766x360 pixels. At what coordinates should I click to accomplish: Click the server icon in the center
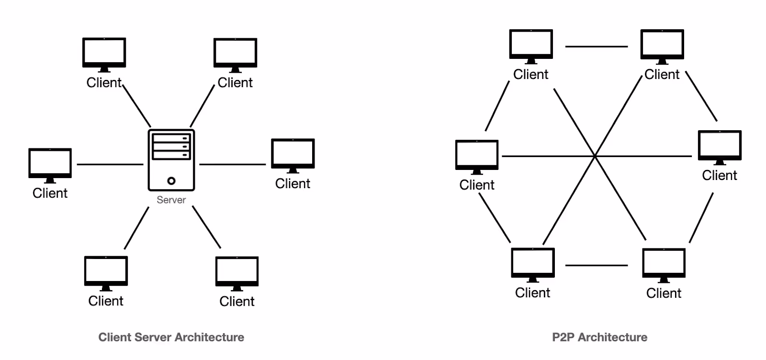click(171, 160)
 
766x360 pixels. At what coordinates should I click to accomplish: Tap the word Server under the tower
click(171, 200)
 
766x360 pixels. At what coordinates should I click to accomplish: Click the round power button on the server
click(171, 180)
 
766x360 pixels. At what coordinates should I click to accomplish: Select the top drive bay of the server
click(171, 138)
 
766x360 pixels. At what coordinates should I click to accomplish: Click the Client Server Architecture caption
click(171, 337)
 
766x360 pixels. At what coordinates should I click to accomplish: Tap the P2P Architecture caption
click(599, 337)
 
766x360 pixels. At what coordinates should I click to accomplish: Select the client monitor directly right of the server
click(293, 154)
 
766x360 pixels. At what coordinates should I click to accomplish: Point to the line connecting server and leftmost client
click(110, 164)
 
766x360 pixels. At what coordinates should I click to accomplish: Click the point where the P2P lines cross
click(595, 156)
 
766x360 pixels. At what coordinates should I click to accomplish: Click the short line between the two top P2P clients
click(596, 46)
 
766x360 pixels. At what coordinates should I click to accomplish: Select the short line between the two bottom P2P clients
click(596, 265)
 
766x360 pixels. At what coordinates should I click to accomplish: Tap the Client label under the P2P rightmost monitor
click(719, 175)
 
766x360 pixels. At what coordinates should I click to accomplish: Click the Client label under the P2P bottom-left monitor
click(532, 292)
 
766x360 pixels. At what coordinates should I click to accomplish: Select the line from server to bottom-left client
click(137, 228)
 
